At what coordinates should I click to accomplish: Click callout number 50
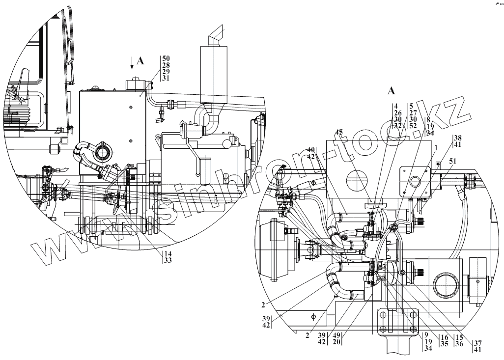click(166, 58)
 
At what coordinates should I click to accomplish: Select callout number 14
click(168, 253)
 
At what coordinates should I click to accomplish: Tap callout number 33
click(168, 260)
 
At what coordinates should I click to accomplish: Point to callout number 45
click(339, 132)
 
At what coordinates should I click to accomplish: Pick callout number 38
click(458, 138)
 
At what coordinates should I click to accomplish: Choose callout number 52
click(413, 126)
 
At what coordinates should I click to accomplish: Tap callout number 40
click(311, 149)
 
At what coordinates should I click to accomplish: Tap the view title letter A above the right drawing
click(392, 90)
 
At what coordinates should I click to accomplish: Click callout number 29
click(166, 71)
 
